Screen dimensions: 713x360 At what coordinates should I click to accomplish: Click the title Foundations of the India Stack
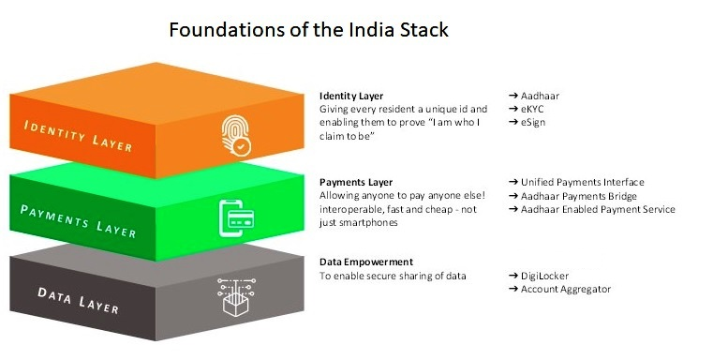click(x=309, y=30)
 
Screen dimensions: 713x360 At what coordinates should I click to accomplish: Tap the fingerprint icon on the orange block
click(x=236, y=136)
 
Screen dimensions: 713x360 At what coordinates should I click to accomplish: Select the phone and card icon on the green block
click(x=236, y=218)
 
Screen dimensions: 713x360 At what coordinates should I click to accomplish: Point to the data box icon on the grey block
click(x=236, y=297)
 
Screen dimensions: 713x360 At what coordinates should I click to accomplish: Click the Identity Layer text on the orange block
click(x=78, y=136)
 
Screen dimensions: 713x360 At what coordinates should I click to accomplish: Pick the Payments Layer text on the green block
click(x=78, y=221)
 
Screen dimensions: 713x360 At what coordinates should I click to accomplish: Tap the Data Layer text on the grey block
click(x=78, y=300)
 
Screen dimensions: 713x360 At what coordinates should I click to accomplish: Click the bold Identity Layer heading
click(x=351, y=96)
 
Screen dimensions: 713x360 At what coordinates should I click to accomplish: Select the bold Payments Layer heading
click(x=356, y=183)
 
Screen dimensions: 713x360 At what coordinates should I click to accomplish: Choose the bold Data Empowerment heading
click(x=366, y=262)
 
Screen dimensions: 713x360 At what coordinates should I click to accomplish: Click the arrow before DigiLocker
click(x=513, y=276)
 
